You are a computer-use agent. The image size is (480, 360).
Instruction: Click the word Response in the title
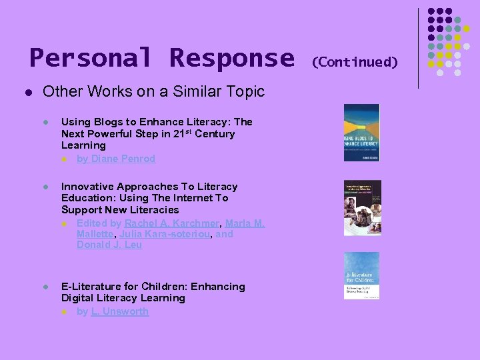(231, 58)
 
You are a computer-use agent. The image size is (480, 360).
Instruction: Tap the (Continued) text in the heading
(355, 62)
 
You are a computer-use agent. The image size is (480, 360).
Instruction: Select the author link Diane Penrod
(123, 159)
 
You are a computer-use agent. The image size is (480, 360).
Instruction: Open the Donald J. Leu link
(109, 245)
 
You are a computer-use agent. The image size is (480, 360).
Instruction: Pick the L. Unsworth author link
(120, 311)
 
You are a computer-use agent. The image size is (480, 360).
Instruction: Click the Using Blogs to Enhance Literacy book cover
(361, 132)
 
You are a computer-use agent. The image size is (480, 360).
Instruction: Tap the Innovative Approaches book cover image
(362, 207)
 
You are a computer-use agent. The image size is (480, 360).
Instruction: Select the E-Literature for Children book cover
(361, 275)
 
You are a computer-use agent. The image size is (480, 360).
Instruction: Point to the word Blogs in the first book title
(107, 122)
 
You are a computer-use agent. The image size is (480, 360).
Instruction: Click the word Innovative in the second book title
(89, 187)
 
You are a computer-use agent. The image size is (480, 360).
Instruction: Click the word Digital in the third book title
(79, 298)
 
